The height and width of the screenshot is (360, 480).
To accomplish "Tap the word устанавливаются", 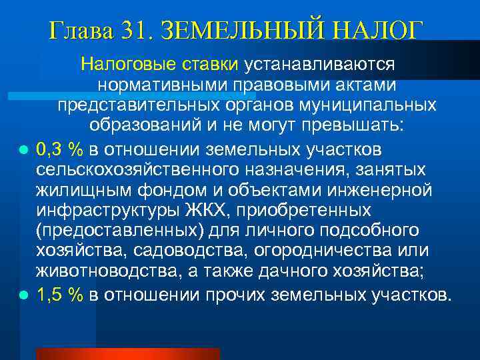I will (321, 65).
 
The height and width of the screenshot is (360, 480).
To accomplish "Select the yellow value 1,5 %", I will (60, 293).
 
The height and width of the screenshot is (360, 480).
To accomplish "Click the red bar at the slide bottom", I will (127, 353).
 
